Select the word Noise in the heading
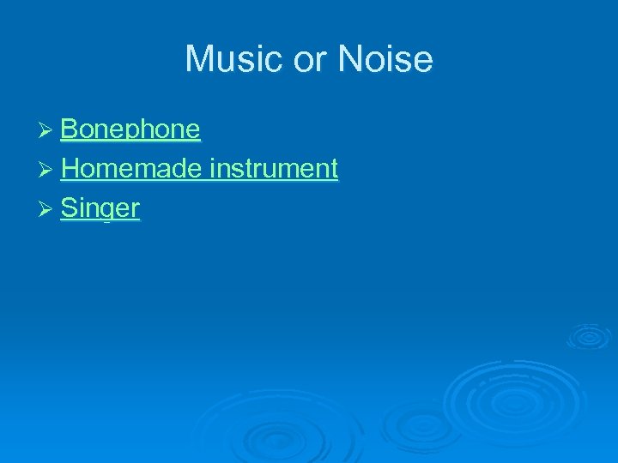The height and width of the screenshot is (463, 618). [x=385, y=59]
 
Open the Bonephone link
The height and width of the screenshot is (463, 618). [x=130, y=129]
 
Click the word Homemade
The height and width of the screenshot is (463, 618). [x=131, y=168]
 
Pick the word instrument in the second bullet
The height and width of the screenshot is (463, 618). [x=274, y=168]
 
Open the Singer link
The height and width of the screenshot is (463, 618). [x=100, y=207]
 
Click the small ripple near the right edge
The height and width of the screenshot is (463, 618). [x=588, y=335]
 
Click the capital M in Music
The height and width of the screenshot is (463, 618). [x=198, y=59]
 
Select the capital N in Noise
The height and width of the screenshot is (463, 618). [x=352, y=59]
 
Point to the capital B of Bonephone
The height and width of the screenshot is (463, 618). [x=70, y=129]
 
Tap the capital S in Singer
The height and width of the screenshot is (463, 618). [x=69, y=207]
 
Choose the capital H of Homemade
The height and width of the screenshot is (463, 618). [x=70, y=168]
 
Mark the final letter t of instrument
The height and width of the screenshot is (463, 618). [x=334, y=168]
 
